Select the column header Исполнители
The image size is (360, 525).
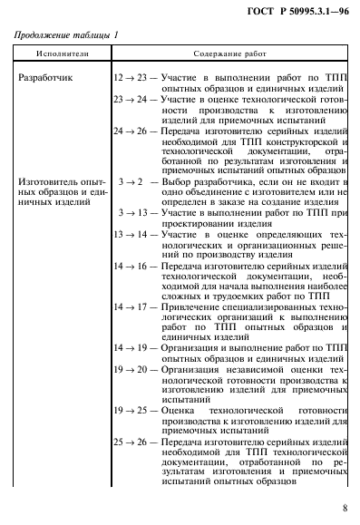point(55,55)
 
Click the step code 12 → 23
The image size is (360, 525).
point(130,78)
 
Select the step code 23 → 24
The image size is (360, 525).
point(130,101)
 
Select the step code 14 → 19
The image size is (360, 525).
point(130,348)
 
